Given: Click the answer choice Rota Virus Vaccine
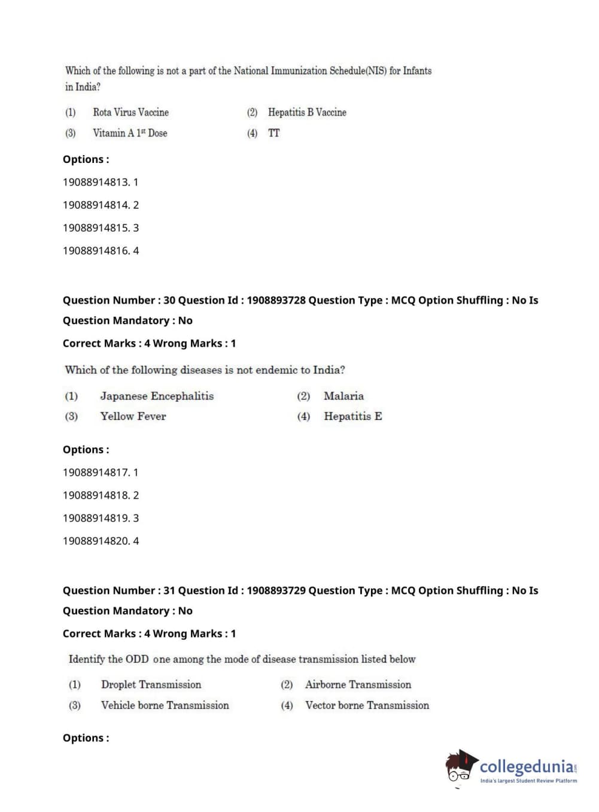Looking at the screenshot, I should click(x=130, y=112).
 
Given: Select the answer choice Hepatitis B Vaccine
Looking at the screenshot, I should click(x=307, y=112).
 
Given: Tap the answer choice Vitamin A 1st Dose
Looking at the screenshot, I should click(x=130, y=133).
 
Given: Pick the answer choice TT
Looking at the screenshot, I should click(x=273, y=133).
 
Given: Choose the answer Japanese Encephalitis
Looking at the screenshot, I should click(x=157, y=396).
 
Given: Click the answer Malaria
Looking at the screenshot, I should click(x=343, y=396).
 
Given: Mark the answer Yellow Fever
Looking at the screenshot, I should click(x=133, y=416).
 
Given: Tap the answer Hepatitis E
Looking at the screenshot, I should click(x=352, y=416).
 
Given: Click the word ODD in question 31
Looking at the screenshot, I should click(x=137, y=659).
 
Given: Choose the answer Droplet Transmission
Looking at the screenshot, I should click(x=151, y=684).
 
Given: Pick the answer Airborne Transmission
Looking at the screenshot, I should click(x=358, y=684).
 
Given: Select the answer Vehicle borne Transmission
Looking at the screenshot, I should click(x=165, y=705).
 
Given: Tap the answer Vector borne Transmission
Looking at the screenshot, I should click(x=367, y=705).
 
